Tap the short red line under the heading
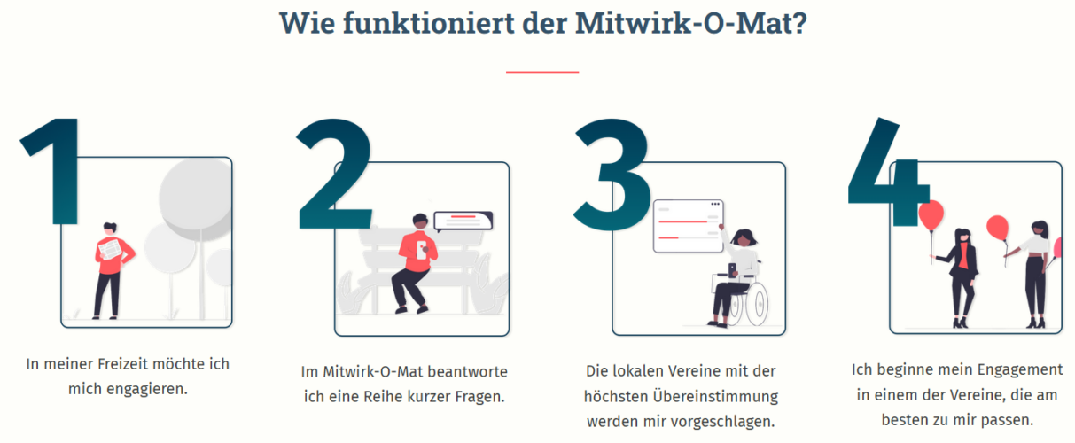pos(541,71)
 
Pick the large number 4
pos(886,172)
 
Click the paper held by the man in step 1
pos(109,251)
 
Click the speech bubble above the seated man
pos(462,219)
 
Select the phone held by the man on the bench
pos(423,245)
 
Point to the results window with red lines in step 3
pos(688,226)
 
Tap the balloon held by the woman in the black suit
pos(931,214)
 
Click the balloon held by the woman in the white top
pos(998,228)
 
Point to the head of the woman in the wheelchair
pos(744,237)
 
